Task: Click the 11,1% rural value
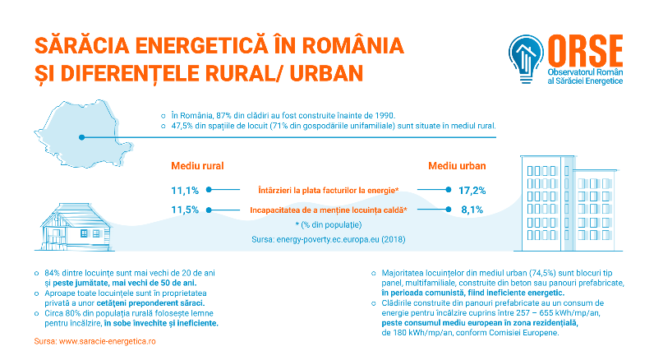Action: [x=185, y=191]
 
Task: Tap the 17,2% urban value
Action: [x=472, y=191]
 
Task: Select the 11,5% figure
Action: [x=185, y=210]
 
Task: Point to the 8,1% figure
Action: [x=472, y=210]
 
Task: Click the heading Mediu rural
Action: [x=197, y=166]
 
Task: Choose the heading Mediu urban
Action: [x=457, y=166]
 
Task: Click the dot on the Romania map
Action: [x=82, y=137]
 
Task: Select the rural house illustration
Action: [x=76, y=227]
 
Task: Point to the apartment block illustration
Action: [x=568, y=204]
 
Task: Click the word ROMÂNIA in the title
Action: [x=352, y=46]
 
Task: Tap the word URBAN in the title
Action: [x=326, y=73]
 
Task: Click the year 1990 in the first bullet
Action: [x=385, y=116]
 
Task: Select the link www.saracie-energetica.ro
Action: [x=107, y=341]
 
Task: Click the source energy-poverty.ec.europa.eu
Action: [x=328, y=239]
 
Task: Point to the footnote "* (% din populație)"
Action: [x=329, y=225]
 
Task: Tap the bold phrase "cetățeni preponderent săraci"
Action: [x=150, y=303]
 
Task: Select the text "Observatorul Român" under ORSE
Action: [x=585, y=72]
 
